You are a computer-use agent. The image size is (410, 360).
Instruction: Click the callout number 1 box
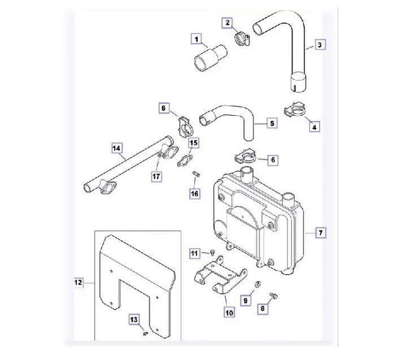(x=196, y=39)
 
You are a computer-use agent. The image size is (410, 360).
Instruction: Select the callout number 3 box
(x=320, y=45)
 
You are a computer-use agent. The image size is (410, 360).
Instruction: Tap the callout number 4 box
(x=314, y=127)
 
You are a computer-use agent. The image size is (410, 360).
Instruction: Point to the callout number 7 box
(x=320, y=232)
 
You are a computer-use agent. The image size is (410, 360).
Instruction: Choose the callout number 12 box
(x=78, y=281)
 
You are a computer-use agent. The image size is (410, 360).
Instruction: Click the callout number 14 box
(x=116, y=149)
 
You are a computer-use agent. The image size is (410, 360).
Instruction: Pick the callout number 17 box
(x=156, y=176)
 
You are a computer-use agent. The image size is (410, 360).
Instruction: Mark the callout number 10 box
(x=229, y=312)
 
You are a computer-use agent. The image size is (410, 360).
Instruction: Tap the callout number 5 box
(x=272, y=123)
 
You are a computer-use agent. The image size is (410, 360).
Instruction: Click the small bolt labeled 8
(x=274, y=295)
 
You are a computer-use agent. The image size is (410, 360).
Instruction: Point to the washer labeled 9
(x=256, y=283)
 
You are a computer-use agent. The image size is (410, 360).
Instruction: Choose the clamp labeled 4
(x=293, y=111)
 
